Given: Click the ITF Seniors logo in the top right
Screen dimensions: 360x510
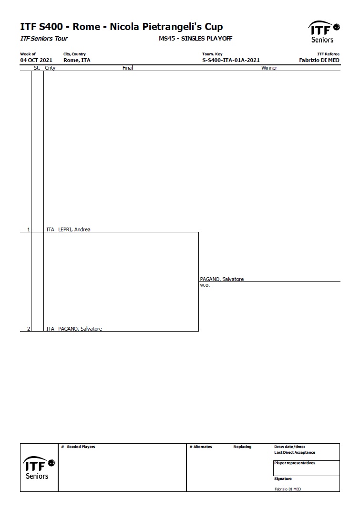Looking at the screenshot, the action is [324, 32].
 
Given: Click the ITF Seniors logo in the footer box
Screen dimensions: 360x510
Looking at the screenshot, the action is [39, 468].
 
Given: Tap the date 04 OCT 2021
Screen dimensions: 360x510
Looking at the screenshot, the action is [36, 60].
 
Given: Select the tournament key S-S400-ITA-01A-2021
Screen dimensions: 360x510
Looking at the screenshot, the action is [231, 60].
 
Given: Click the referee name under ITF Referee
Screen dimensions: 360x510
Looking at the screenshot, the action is [319, 60].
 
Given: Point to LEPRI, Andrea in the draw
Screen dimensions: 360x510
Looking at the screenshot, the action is [74, 229].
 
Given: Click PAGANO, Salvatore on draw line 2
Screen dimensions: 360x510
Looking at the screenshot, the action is [80, 329].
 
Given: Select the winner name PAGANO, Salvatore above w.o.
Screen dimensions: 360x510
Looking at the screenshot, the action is [222, 279].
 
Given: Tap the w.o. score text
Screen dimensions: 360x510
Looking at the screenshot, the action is [205, 285].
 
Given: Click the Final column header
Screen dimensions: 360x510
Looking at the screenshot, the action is [127, 68].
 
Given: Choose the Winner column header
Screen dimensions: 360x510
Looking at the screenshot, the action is [269, 68].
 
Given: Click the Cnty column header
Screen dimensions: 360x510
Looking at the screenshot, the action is [50, 68].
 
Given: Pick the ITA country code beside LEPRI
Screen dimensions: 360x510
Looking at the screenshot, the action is [50, 229].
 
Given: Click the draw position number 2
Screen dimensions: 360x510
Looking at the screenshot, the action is [29, 329].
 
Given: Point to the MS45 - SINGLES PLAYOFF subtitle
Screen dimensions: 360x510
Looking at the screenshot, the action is [195, 38].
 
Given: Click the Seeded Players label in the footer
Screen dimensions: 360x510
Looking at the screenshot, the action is [81, 447].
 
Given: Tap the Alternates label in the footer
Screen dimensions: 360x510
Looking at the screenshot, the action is [203, 447].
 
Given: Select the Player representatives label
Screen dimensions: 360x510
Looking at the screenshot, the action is [295, 463].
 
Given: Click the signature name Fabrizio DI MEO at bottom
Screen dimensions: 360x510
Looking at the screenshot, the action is [288, 489].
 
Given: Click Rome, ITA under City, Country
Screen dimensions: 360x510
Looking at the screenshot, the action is [77, 60].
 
